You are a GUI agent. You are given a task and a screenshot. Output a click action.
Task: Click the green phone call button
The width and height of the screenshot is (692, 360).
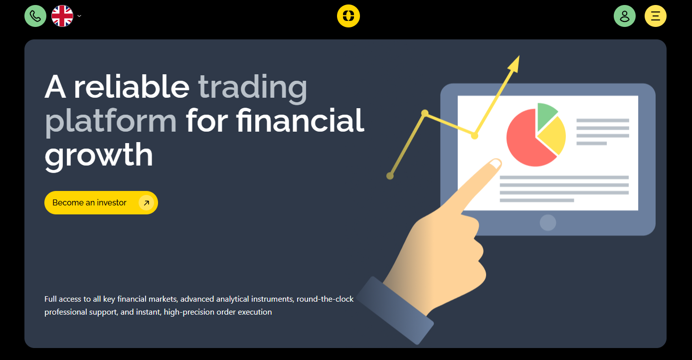click(x=35, y=16)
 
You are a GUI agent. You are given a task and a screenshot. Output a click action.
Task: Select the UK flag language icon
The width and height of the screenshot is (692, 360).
click(x=62, y=16)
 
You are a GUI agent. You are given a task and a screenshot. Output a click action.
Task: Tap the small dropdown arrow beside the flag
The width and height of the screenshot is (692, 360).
click(x=79, y=16)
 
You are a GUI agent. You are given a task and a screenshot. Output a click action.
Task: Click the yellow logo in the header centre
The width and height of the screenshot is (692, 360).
click(x=348, y=16)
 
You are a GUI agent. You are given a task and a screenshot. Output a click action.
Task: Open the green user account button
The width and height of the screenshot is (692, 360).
click(x=624, y=16)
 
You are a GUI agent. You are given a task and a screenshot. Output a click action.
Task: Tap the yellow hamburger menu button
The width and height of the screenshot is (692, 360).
click(x=655, y=16)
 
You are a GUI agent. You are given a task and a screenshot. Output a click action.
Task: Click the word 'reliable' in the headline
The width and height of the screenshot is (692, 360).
click(x=131, y=87)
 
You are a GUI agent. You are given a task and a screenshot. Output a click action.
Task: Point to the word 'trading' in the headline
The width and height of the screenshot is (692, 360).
click(x=252, y=88)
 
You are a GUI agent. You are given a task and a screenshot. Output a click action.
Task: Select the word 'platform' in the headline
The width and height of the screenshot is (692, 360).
click(x=111, y=122)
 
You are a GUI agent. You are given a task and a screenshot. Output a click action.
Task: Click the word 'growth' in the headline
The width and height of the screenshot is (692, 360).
click(x=99, y=156)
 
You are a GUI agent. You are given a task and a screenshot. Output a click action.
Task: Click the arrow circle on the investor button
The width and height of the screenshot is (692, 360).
click(x=147, y=203)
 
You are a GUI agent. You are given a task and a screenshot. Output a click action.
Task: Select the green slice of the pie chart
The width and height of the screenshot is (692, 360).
click(x=545, y=115)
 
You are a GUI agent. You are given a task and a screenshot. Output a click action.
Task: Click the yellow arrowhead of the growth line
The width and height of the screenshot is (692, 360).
click(x=515, y=64)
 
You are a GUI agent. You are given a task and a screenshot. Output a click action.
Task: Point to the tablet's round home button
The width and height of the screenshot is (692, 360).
click(x=548, y=222)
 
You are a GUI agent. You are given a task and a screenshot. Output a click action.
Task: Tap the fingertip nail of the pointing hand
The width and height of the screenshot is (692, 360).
click(x=495, y=163)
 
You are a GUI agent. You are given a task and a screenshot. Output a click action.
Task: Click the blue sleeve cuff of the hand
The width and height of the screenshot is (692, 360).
click(x=395, y=310)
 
